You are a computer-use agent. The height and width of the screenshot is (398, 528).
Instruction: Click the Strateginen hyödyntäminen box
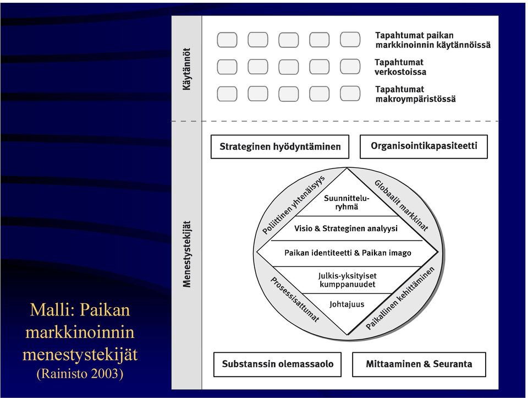pyautogui.click(x=280, y=146)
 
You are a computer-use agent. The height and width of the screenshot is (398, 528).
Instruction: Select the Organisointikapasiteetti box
pyautogui.click(x=424, y=146)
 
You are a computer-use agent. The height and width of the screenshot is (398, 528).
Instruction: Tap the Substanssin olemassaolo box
pyautogui.click(x=277, y=364)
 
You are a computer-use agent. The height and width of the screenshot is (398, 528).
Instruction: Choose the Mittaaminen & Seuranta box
pyautogui.click(x=419, y=364)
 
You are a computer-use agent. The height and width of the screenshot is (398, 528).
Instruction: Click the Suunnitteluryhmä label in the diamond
pyautogui.click(x=346, y=202)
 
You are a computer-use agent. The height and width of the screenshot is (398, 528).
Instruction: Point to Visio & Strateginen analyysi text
pyautogui.click(x=346, y=228)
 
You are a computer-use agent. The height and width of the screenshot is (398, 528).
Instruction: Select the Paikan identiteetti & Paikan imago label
pyautogui.click(x=348, y=253)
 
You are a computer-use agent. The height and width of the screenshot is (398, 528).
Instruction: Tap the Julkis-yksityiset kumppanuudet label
pyautogui.click(x=347, y=280)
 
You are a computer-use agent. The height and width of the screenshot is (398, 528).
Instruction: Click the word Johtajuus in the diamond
pyautogui.click(x=346, y=304)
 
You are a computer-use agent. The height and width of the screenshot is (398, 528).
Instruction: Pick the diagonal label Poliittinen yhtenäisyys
pyautogui.click(x=294, y=205)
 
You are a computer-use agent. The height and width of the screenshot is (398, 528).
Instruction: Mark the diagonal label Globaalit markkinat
pyautogui.click(x=402, y=205)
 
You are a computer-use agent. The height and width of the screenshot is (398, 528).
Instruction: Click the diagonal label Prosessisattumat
pyautogui.click(x=295, y=299)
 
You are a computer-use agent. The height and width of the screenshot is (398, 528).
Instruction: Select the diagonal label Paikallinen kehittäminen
pyautogui.click(x=400, y=298)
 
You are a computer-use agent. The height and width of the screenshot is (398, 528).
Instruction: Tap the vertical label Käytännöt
pyautogui.click(x=186, y=69)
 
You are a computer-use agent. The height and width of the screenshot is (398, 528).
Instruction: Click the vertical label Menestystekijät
pyautogui.click(x=186, y=254)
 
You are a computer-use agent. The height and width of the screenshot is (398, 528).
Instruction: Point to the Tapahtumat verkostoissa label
pyautogui.click(x=400, y=67)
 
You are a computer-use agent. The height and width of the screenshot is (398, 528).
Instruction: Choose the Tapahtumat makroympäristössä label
pyautogui.click(x=416, y=94)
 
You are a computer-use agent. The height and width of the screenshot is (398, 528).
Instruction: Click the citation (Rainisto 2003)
pyautogui.click(x=80, y=373)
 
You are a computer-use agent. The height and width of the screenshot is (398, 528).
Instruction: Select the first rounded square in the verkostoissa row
pyautogui.click(x=227, y=67)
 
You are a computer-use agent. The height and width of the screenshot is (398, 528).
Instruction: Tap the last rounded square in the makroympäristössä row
pyautogui.click(x=350, y=94)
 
